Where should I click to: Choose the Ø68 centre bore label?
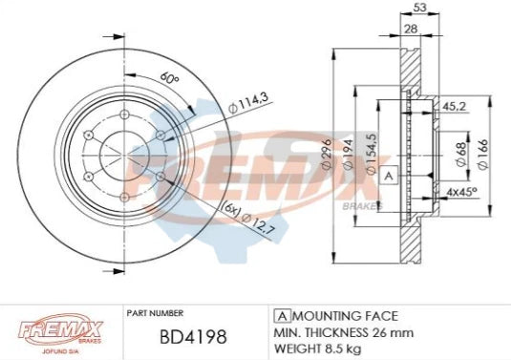460,153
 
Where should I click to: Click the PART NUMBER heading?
156,312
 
